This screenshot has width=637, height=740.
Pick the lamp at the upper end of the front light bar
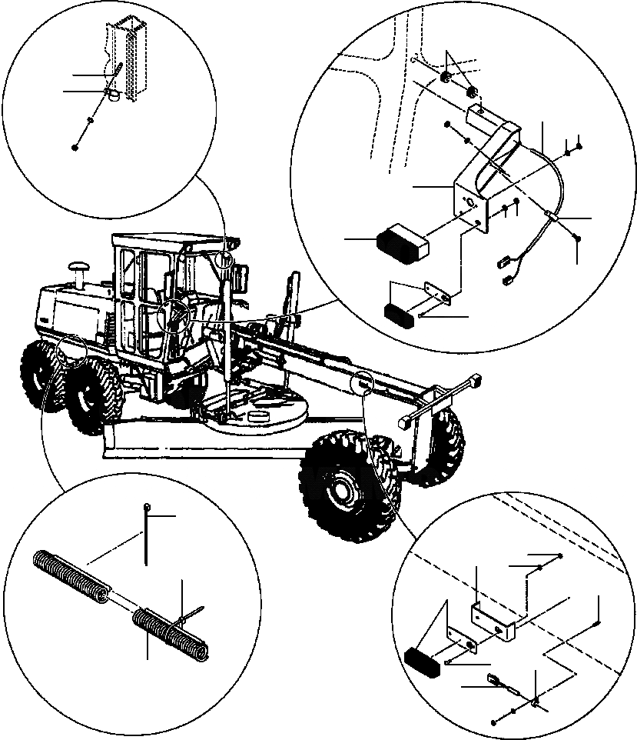coord(474,381)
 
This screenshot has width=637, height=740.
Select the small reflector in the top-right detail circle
coord(400,315)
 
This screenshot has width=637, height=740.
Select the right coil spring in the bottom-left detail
coord(169,632)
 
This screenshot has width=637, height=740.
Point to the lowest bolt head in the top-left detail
coord(75,146)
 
